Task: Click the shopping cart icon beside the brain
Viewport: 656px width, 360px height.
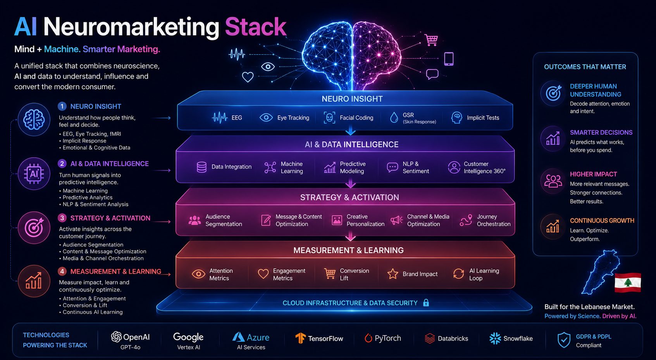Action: (x=431, y=40)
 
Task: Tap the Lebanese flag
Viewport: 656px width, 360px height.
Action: (x=628, y=282)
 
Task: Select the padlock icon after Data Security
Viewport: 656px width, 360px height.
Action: (x=426, y=303)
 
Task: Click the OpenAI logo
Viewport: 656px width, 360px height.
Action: (x=116, y=337)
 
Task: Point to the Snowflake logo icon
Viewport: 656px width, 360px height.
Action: (x=495, y=338)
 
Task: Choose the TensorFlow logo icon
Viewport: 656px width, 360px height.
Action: (x=300, y=338)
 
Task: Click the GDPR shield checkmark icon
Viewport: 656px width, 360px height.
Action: (x=564, y=340)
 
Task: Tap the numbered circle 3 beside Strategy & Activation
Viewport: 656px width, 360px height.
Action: (x=62, y=218)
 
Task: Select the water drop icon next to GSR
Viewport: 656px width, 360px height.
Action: (x=394, y=118)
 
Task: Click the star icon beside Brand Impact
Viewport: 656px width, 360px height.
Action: (x=393, y=274)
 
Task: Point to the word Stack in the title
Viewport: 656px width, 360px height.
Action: (x=255, y=27)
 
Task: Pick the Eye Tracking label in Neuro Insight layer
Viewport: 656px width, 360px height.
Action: (x=293, y=118)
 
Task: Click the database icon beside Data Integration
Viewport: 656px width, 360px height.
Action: (x=201, y=167)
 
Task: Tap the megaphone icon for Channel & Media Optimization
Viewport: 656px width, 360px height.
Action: (x=397, y=220)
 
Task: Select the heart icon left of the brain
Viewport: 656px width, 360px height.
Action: (x=248, y=77)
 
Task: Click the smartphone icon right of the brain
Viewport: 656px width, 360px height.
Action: (x=449, y=59)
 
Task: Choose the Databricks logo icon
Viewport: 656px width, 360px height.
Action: (x=430, y=338)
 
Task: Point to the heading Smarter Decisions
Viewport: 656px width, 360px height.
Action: (x=601, y=133)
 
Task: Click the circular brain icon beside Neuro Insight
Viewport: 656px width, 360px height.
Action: (x=34, y=119)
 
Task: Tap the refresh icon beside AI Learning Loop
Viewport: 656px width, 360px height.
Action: (x=459, y=274)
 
